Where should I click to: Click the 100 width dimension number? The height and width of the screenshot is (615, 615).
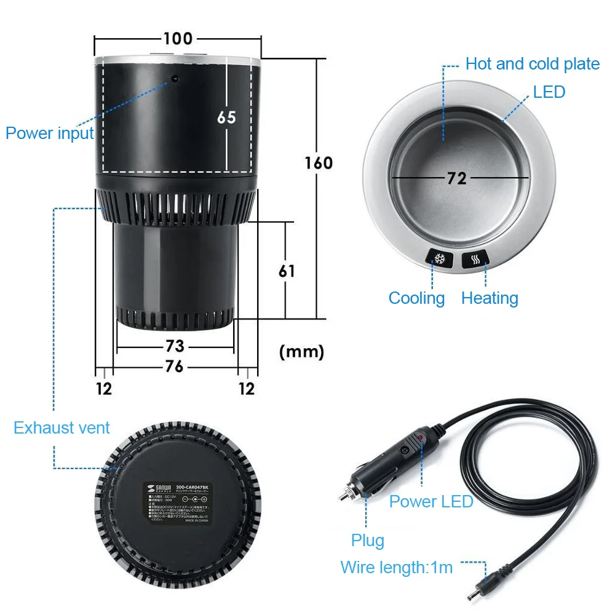pos(178,39)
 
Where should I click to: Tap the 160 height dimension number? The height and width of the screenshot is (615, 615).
pos(319,163)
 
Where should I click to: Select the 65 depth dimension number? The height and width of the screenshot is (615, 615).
pos(226,117)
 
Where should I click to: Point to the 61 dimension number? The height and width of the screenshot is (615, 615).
pos(287,270)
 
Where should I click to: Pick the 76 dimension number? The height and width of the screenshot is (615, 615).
pos(175,367)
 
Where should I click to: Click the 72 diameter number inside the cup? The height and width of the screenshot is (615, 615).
pos(457,178)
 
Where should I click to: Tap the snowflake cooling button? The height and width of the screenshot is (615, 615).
pos(440,259)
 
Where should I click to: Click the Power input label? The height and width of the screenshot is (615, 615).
pos(49,133)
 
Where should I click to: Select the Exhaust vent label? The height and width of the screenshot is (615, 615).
pos(61,428)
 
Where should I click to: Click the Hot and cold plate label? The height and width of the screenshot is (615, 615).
pos(532,64)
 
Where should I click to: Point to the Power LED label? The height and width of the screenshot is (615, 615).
pos(431,501)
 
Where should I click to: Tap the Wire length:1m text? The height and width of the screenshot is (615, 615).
pos(397,567)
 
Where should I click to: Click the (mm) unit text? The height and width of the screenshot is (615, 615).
pos(301,352)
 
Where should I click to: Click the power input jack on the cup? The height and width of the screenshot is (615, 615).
pos(175,79)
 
